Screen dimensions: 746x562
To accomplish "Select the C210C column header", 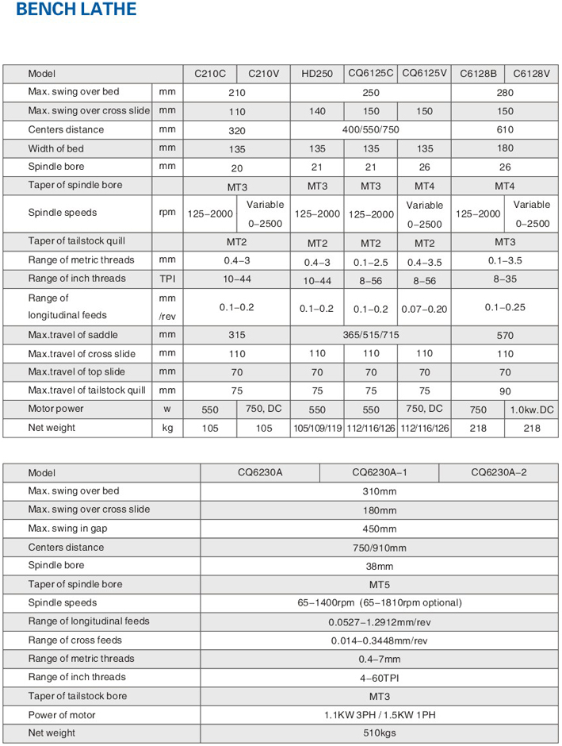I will click(x=210, y=74).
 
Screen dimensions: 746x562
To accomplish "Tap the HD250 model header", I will click(x=317, y=74).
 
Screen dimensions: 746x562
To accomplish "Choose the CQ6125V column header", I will click(x=425, y=74).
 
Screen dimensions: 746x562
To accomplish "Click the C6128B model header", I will click(x=478, y=74).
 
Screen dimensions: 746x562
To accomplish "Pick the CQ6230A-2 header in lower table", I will click(x=499, y=472).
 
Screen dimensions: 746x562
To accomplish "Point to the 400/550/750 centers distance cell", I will click(x=371, y=130).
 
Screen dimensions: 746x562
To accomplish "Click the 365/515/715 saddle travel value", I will click(x=371, y=336).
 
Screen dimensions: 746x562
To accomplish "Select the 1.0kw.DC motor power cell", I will click(x=531, y=410).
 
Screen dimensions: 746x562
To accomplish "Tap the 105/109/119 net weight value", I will click(x=317, y=429).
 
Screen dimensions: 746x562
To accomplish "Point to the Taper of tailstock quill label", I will click(x=77, y=241).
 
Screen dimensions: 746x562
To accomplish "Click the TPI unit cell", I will click(x=166, y=279).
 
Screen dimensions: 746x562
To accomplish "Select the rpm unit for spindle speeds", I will click(x=166, y=213).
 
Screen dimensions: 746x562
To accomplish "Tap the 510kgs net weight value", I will click(x=379, y=734).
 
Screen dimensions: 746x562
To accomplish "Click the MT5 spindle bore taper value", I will click(x=379, y=584).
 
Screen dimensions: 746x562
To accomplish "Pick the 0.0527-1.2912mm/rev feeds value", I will click(x=379, y=622).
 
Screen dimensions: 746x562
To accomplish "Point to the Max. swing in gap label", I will click(x=71, y=529).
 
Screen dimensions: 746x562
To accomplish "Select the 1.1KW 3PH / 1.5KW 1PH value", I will click(x=379, y=715).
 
